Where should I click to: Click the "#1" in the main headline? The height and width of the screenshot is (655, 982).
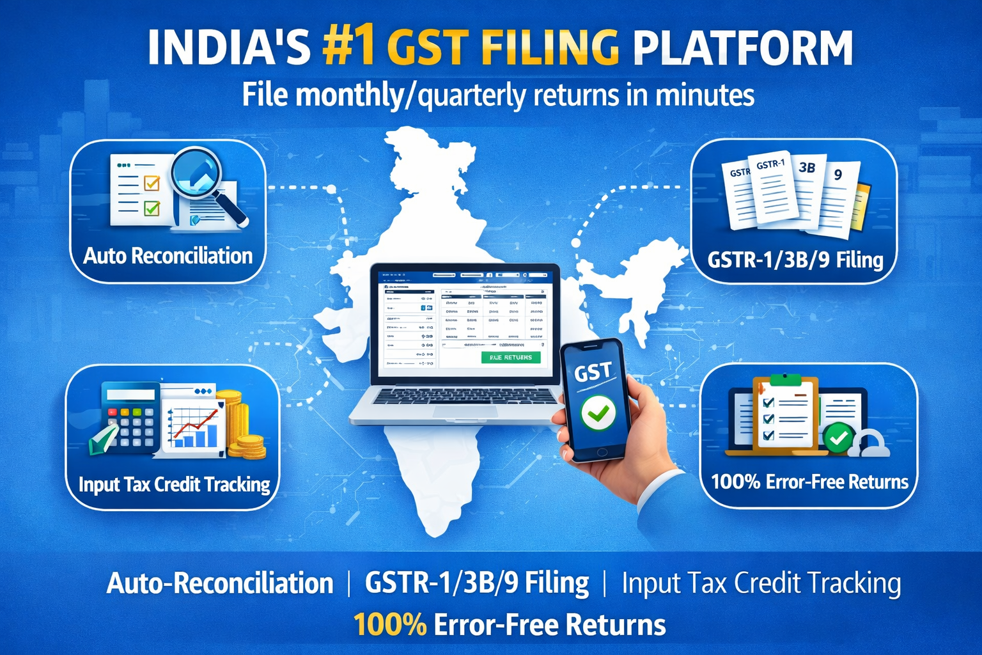348,48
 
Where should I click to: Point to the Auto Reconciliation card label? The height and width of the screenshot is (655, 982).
168,256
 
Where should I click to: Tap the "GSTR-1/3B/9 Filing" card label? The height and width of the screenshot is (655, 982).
795,260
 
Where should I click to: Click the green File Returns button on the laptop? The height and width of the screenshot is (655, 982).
510,358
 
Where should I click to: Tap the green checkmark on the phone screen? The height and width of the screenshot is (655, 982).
598,413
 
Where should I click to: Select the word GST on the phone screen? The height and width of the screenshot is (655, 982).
593,372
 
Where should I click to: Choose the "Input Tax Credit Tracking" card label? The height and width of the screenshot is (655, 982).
174,484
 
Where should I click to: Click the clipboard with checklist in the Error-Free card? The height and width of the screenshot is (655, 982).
785,414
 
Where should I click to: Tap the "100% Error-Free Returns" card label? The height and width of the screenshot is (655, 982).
809,482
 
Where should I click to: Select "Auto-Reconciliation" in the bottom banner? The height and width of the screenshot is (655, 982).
220,583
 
